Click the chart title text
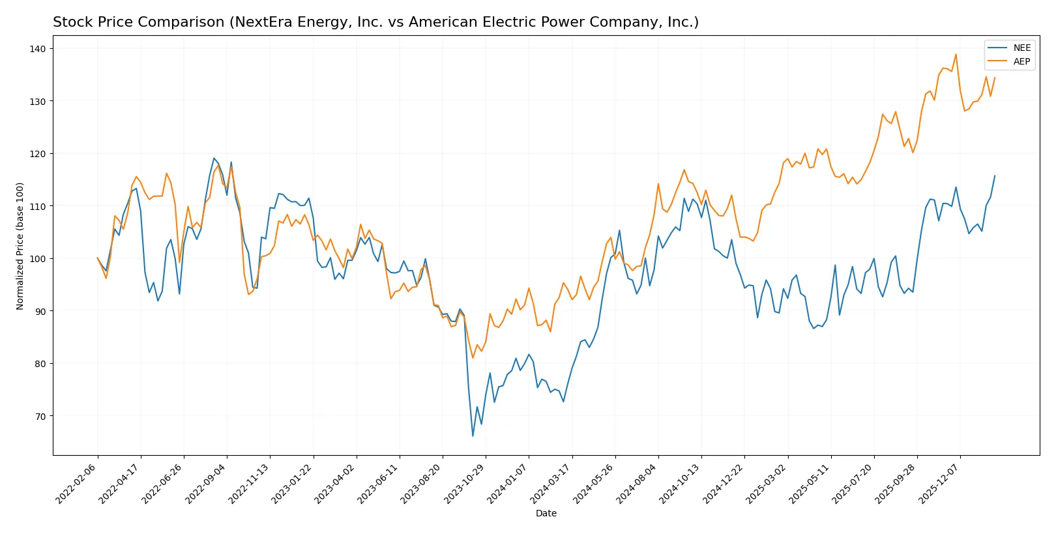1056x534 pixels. coord(375,22)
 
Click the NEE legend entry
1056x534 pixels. coord(1021,48)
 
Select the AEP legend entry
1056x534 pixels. coord(1021,61)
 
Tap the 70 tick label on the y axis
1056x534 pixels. coord(40,416)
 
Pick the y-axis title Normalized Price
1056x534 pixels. coord(20,246)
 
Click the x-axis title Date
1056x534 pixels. coord(546,513)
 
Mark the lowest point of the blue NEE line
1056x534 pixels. coord(473,436)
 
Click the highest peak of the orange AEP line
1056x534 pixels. coord(956,55)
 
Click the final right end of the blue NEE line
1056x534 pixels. coord(995,175)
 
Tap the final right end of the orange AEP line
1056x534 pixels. coord(995,78)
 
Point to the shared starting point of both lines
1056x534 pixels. coord(98,258)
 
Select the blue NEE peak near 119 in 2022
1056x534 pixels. coord(214,158)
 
